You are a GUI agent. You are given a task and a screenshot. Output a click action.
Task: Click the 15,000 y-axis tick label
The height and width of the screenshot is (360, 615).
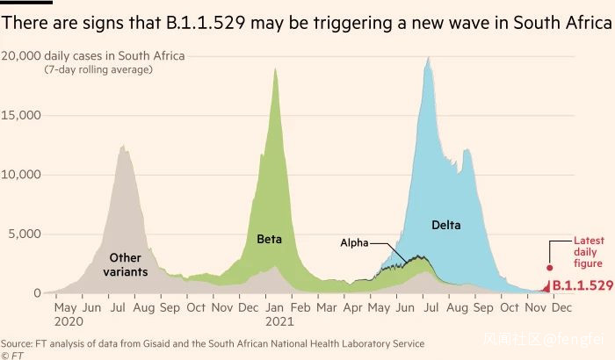point(21,115)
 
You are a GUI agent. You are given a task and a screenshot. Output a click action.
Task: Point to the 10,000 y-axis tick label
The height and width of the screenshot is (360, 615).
point(21,175)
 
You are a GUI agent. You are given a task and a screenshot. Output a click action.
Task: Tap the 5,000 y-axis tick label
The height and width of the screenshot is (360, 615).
point(25,234)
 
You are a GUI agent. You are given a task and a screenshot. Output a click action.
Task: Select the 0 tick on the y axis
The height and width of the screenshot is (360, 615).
point(36,293)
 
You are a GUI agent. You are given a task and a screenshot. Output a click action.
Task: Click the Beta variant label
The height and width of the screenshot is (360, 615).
point(269,239)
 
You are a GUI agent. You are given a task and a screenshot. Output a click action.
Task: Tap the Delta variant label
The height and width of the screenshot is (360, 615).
point(446,226)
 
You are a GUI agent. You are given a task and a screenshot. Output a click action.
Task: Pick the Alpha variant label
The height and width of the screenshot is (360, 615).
point(354,242)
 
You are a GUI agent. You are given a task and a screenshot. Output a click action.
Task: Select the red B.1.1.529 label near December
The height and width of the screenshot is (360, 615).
point(582,285)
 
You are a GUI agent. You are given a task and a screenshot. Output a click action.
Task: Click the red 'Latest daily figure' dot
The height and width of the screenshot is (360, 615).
point(550,268)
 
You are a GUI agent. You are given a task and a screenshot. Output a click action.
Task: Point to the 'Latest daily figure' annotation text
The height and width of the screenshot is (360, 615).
point(588,252)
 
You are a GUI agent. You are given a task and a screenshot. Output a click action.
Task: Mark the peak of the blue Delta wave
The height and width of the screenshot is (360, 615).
point(428,58)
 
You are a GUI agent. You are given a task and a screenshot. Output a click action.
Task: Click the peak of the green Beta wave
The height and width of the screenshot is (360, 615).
point(276,68)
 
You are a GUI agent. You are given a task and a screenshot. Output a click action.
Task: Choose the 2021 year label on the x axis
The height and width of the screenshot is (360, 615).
point(277,322)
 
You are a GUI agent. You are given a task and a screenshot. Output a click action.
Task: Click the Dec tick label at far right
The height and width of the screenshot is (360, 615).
point(561,308)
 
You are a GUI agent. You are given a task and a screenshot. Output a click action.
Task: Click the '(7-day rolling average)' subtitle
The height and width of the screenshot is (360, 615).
point(98,69)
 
